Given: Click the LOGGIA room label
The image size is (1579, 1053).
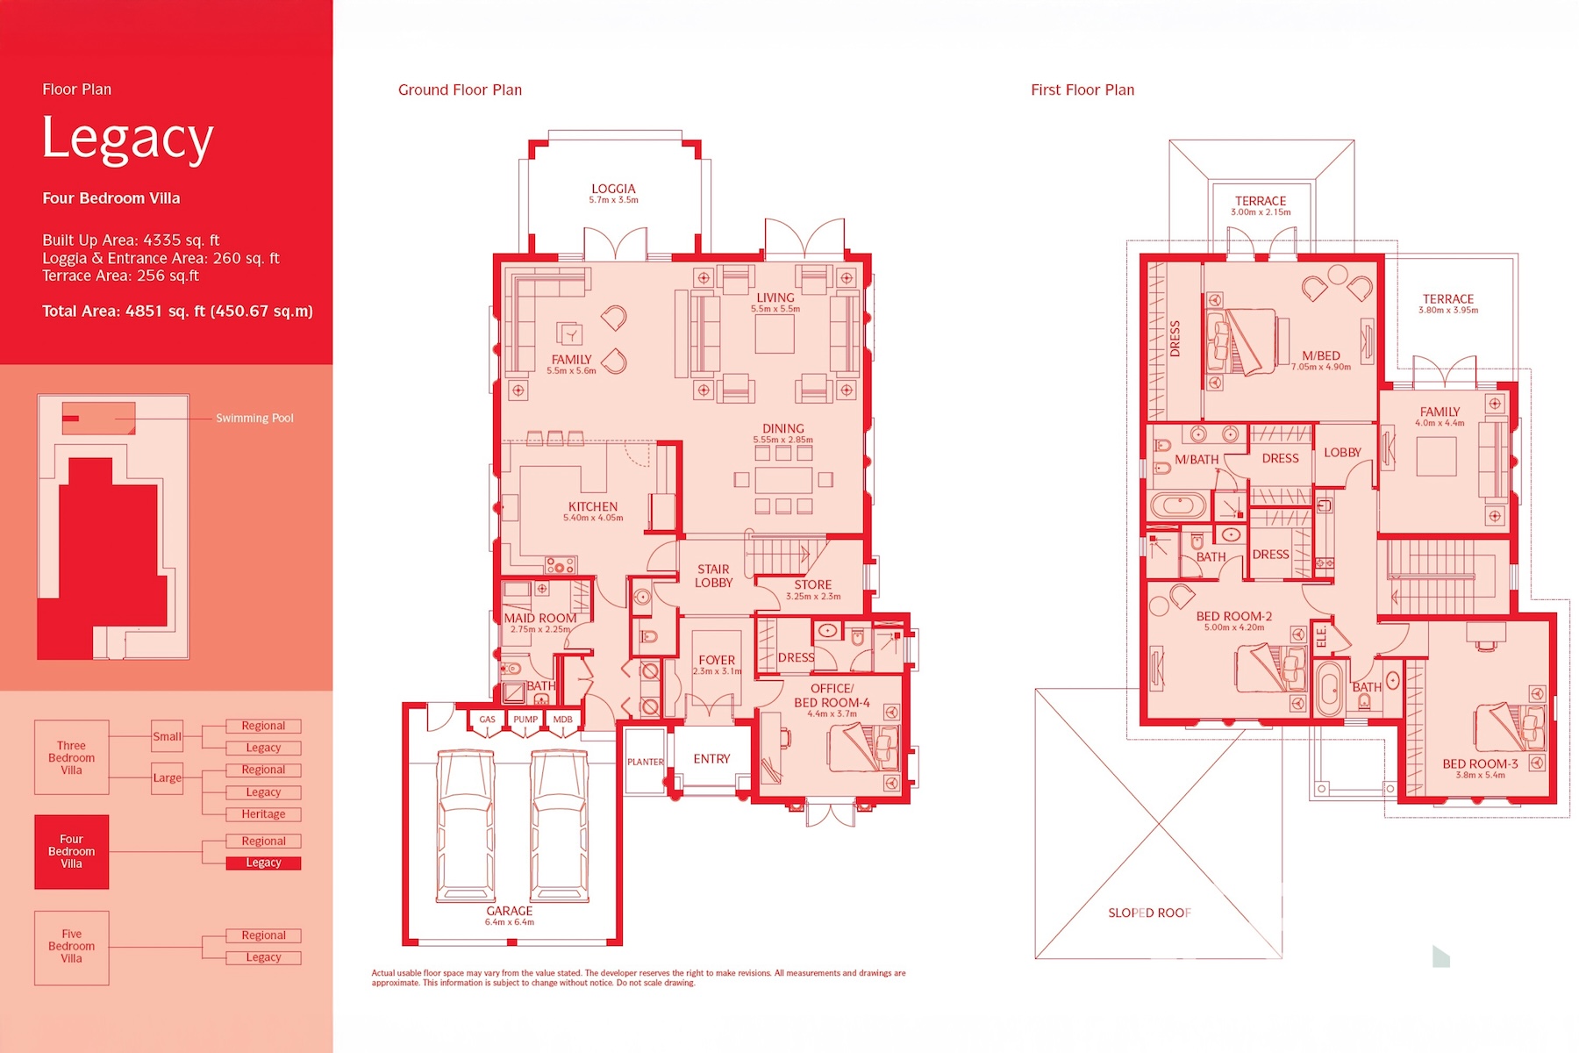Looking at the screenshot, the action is [613, 189].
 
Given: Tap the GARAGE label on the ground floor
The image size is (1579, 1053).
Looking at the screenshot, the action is [510, 911].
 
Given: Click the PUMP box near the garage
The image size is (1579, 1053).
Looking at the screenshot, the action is [525, 720].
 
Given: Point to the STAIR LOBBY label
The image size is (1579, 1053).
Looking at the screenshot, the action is [714, 576].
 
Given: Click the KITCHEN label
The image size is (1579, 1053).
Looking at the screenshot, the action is [593, 506].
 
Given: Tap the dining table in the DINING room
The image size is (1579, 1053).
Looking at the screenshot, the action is [783, 480].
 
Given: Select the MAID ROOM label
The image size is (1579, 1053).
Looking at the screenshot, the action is [540, 618].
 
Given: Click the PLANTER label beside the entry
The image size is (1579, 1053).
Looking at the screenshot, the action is [646, 762].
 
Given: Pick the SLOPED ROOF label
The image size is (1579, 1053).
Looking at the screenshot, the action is [1149, 913].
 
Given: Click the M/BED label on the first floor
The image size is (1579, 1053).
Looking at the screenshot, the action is [1321, 355].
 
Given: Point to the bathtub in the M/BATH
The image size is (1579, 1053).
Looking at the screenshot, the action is [1179, 506].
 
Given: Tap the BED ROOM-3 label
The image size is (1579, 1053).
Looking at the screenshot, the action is [1480, 763].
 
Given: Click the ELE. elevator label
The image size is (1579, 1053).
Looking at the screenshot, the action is [1322, 636].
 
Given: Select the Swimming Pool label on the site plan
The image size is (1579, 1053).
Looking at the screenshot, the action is [254, 418].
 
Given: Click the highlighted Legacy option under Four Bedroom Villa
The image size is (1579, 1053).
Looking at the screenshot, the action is [263, 863].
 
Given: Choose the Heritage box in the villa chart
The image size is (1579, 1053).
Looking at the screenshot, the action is [263, 814].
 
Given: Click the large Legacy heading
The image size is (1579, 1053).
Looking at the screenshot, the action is [128, 140].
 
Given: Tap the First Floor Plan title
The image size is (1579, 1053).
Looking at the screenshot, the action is [1082, 90].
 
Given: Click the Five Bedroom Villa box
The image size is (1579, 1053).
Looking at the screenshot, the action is [72, 947].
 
